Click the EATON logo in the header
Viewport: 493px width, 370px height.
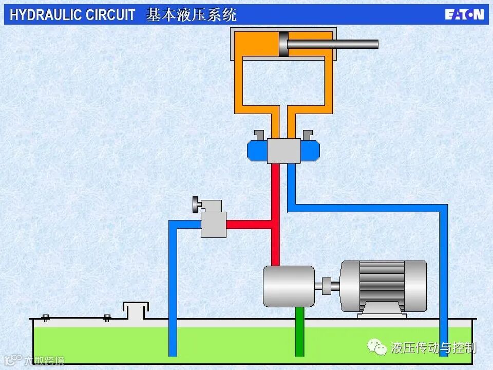click(464, 14)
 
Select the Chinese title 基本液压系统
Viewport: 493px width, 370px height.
click(191, 15)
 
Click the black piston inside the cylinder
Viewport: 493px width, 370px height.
click(283, 44)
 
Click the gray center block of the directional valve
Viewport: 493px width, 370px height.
click(283, 151)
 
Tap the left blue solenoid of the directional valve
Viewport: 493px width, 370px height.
click(257, 151)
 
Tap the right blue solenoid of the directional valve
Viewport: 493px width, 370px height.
click(310, 151)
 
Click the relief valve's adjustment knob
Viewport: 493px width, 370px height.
click(196, 205)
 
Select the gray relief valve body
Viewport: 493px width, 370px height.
click(214, 225)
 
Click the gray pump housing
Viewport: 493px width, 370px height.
click(288, 286)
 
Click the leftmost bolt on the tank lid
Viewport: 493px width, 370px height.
click(46, 318)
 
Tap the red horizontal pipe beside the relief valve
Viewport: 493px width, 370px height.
click(248, 225)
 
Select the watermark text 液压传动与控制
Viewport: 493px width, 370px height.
click(433, 348)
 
